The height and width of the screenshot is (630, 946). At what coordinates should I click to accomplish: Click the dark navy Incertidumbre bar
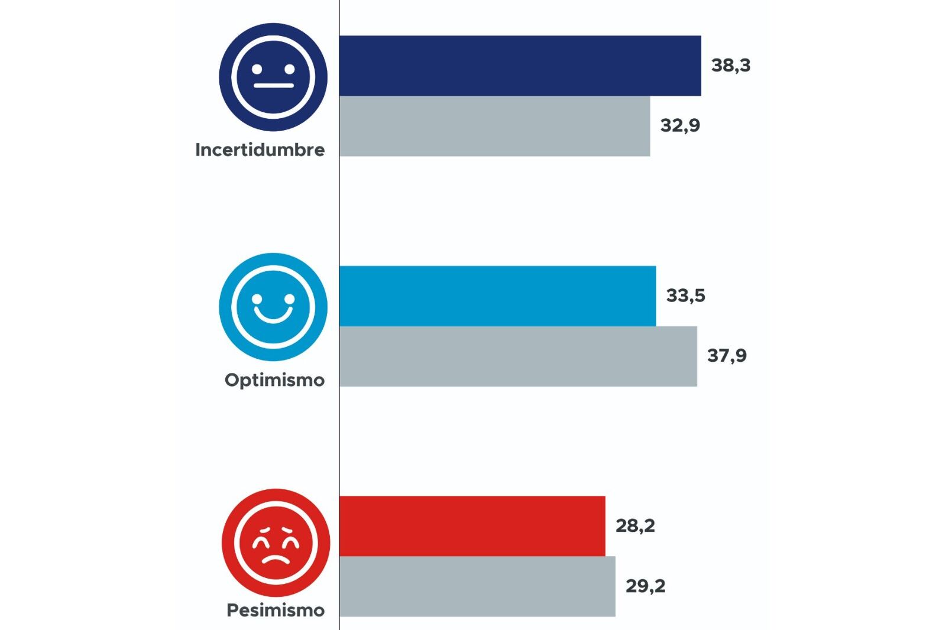520,66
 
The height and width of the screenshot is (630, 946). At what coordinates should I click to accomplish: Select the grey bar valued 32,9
495,126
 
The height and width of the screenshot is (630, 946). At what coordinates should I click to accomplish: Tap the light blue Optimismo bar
498,295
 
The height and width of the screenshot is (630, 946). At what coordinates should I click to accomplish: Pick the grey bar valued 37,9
518,356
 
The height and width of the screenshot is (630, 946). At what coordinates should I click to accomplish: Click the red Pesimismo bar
472,525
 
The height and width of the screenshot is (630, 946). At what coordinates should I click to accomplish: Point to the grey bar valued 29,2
477,586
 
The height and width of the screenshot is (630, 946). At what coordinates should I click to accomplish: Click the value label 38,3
731,66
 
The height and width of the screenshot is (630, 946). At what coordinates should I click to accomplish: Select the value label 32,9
680,126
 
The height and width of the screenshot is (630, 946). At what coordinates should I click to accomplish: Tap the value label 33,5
685,295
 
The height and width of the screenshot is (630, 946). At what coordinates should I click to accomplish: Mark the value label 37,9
727,356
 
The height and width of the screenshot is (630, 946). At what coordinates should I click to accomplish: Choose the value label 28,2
635,526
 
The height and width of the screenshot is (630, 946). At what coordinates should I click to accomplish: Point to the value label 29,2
645,586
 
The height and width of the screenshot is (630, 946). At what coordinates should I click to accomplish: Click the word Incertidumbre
260,150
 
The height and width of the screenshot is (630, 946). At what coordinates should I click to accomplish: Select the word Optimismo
274,380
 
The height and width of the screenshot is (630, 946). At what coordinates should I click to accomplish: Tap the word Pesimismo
276,610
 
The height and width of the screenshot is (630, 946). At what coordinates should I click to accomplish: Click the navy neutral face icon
273,77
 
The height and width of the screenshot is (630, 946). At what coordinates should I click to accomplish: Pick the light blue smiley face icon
273,307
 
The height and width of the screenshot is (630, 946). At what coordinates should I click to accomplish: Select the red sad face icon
276,542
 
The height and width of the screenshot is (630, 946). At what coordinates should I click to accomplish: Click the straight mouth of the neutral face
273,86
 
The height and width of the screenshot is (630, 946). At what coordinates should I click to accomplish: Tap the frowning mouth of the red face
276,557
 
